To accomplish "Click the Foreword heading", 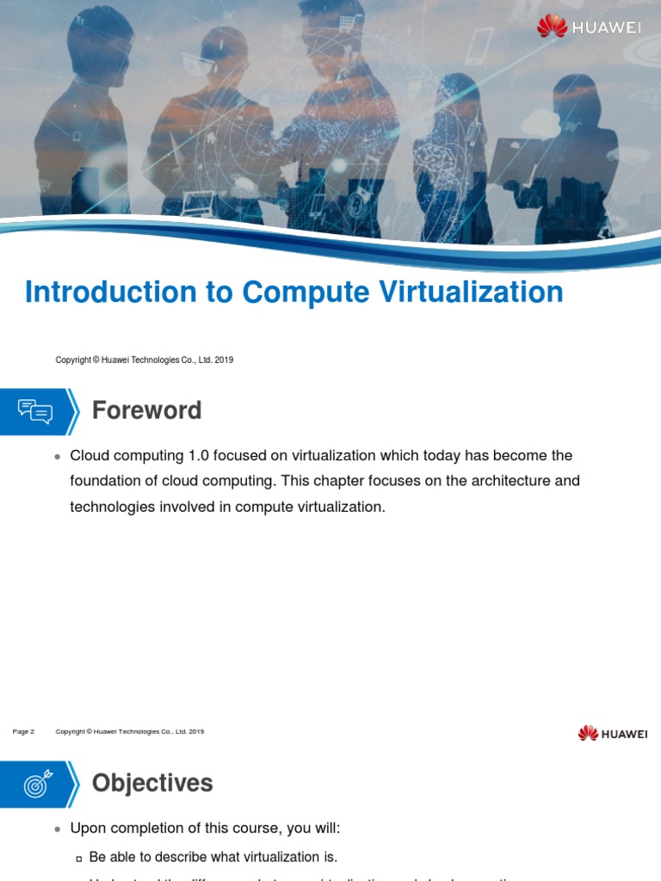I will (x=147, y=410).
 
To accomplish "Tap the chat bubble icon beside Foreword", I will (x=35, y=411).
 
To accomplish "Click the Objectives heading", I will (x=152, y=783).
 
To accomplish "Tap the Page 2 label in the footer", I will (x=23, y=732).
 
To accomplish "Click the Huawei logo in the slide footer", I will (x=613, y=733).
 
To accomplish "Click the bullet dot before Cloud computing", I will (x=57, y=456).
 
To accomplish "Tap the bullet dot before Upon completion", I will (x=57, y=829).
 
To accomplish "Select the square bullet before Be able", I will (x=79, y=858).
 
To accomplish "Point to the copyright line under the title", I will (x=144, y=360).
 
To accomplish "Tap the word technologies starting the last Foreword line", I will (x=110, y=507).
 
